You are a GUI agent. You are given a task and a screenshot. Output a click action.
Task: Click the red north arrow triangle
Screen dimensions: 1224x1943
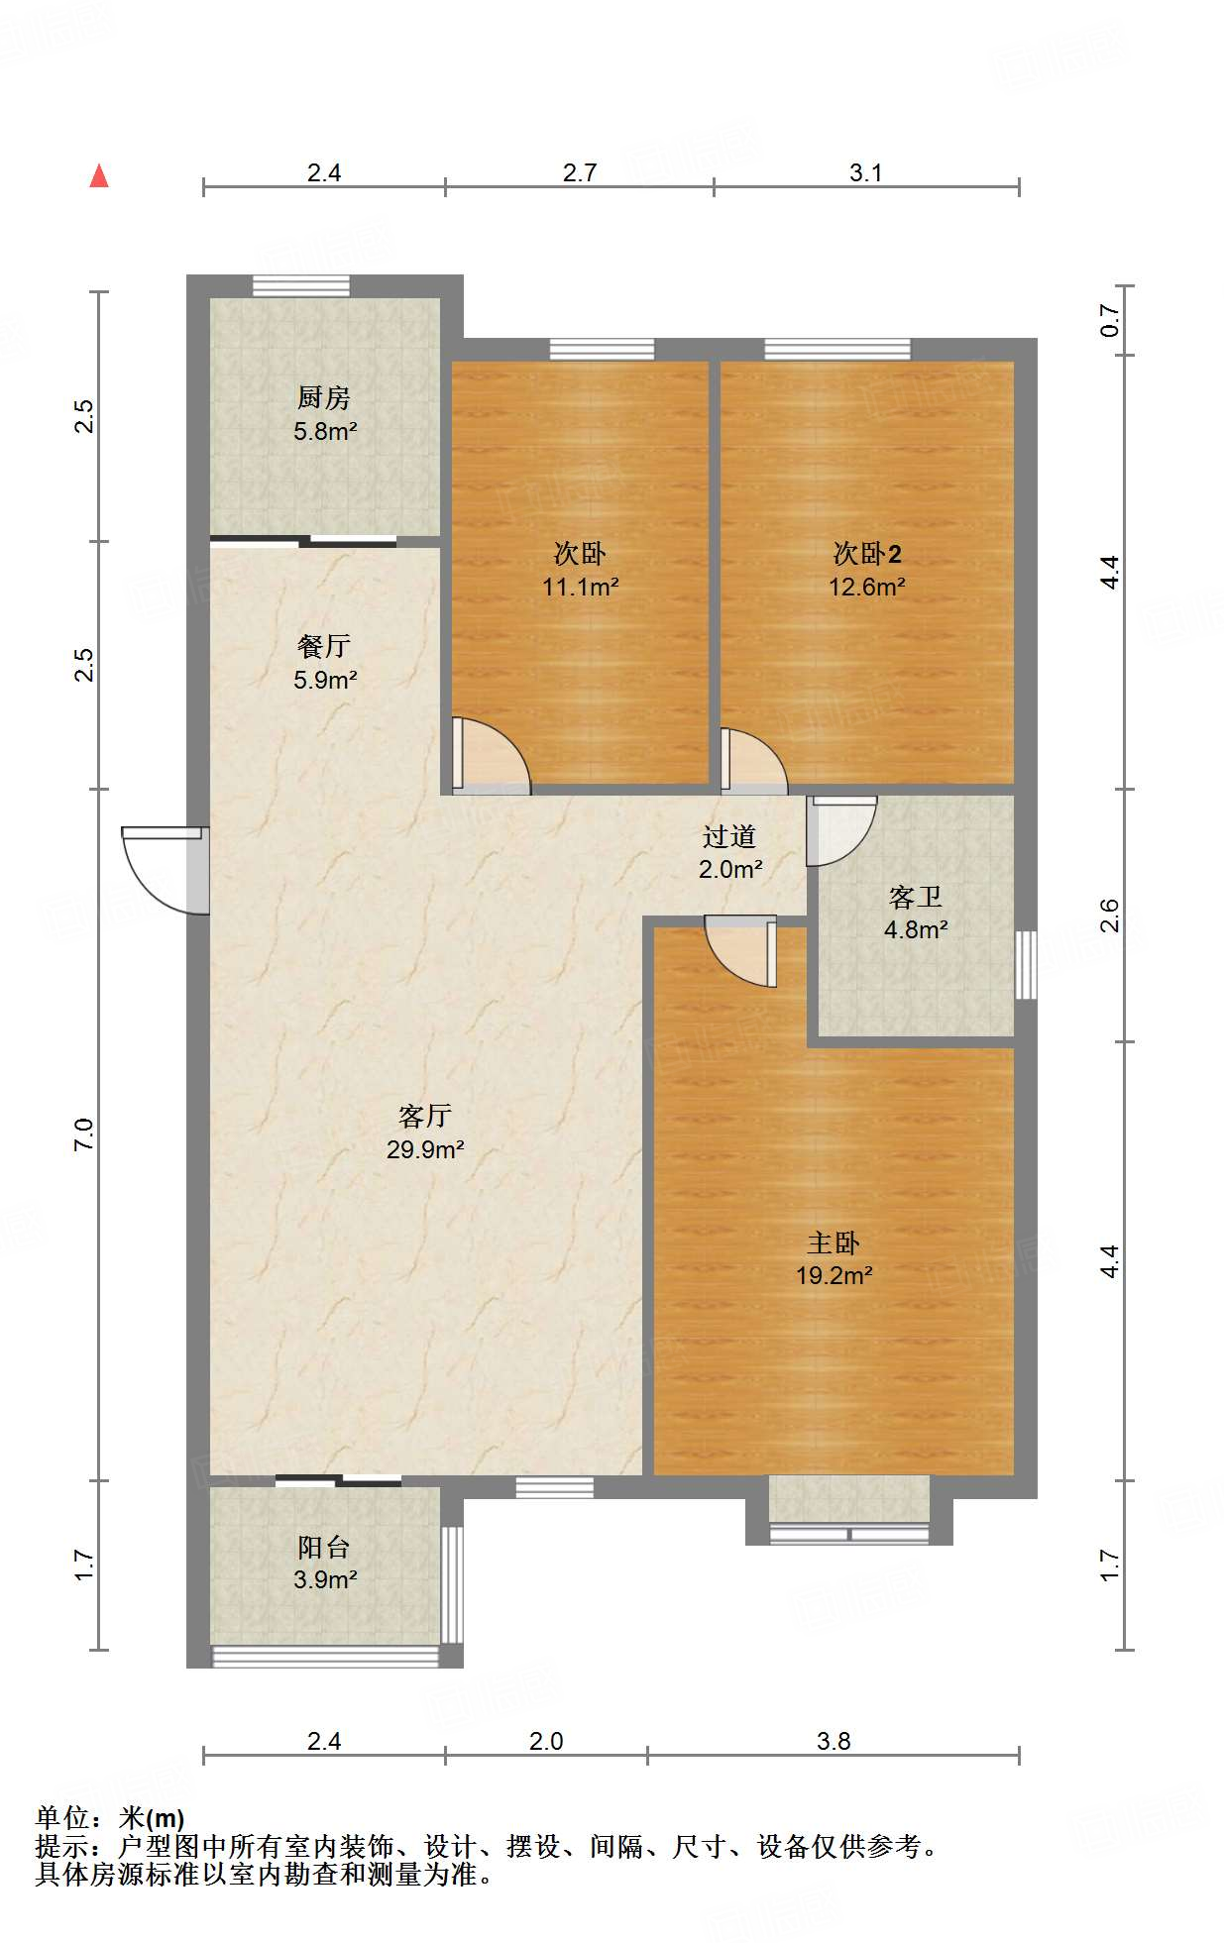coord(99,175)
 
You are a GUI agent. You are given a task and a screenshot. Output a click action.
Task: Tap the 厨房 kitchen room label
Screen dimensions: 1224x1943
coord(324,398)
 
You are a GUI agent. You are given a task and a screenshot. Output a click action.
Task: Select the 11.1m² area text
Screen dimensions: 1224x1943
coord(581,587)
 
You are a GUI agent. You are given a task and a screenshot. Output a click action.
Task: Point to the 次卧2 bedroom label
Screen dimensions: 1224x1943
coord(867,554)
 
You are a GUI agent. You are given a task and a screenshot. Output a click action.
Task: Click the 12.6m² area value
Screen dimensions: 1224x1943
coord(867,587)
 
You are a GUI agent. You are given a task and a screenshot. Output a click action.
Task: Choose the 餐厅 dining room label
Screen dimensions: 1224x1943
coord(324,647)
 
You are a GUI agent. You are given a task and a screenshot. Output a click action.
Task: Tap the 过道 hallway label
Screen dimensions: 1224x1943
coord(729,837)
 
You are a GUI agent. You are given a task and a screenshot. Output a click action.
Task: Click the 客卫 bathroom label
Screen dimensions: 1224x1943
coord(916,898)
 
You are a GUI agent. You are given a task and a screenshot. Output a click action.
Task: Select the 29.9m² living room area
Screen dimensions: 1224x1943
coord(426,1149)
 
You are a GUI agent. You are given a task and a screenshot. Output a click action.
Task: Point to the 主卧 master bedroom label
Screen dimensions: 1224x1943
coord(834,1242)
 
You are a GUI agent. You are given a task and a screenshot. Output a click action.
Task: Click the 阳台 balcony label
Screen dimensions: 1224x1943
coord(324,1547)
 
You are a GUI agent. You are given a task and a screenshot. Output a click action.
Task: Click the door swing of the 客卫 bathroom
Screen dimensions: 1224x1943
coord(841,830)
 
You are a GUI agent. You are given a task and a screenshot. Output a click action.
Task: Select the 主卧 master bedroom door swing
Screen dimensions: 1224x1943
coord(740,951)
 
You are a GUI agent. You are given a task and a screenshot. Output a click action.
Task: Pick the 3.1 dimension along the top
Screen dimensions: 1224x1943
coord(865,173)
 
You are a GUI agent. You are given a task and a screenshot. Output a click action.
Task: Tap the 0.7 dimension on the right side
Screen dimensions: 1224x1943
coord(1109,320)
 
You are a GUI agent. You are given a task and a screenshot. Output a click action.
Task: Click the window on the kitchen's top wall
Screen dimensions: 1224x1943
coord(301,285)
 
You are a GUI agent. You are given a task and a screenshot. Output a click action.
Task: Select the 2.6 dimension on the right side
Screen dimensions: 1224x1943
coord(1109,915)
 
